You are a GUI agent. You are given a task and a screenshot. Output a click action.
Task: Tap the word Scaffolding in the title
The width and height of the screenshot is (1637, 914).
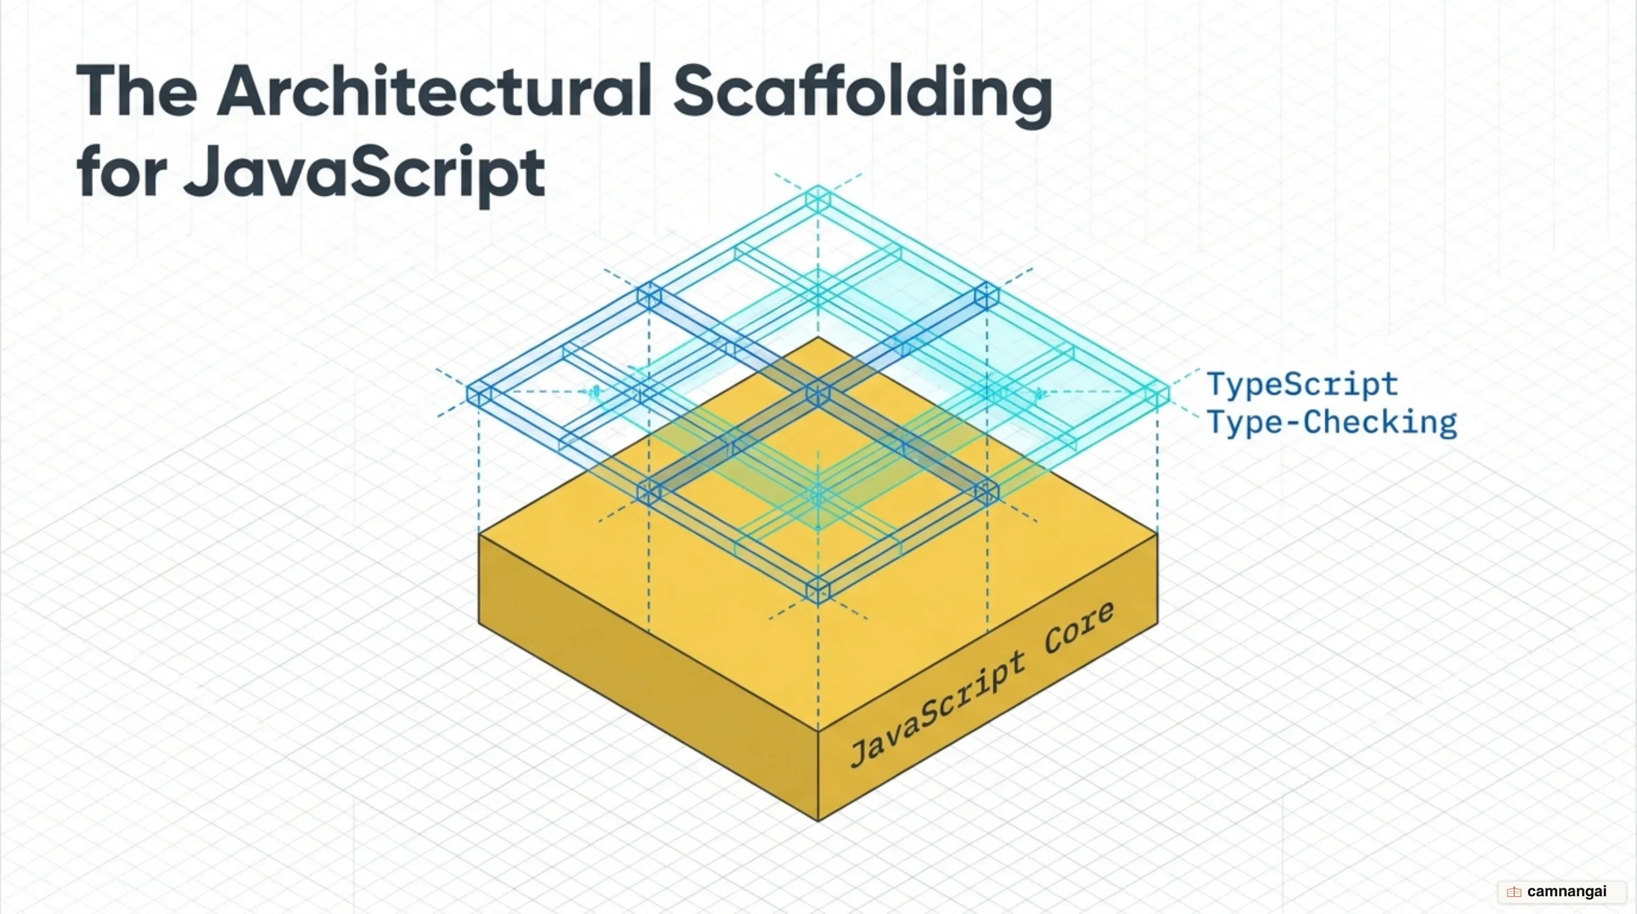click(863, 96)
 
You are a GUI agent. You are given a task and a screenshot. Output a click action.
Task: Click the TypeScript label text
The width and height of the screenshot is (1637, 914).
click(1302, 385)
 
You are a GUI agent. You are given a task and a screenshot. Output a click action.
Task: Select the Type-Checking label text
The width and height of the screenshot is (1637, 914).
click(1332, 423)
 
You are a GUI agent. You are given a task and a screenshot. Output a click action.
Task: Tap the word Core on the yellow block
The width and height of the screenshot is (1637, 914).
click(1079, 627)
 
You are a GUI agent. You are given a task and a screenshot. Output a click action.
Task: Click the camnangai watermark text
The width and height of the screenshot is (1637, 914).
click(1566, 891)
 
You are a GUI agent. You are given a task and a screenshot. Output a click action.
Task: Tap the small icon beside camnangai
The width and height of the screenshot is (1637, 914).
click(1514, 892)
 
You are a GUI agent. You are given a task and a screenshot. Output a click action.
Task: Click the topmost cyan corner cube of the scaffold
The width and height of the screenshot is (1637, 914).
click(818, 198)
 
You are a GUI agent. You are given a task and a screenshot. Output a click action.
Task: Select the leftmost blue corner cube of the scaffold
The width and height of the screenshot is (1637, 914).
click(479, 394)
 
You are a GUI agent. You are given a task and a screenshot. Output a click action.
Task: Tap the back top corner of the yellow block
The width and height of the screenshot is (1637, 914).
click(818, 338)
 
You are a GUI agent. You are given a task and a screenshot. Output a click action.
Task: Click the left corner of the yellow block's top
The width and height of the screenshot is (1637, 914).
click(479, 534)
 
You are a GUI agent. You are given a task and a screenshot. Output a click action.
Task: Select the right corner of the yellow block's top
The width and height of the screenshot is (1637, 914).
click(1157, 534)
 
